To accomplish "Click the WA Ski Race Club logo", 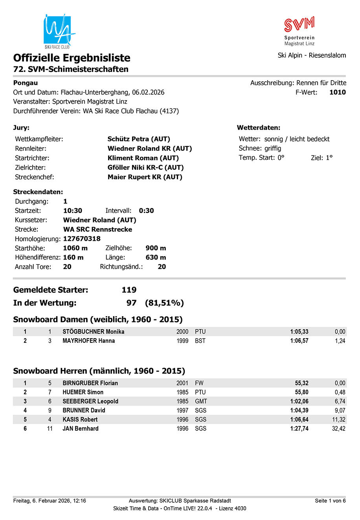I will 58,31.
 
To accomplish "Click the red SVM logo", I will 299,24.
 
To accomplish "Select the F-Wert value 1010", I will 337,92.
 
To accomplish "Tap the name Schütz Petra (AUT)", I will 139,139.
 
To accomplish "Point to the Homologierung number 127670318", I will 82,239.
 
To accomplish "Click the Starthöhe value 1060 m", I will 75,248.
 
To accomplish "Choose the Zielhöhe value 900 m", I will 156,248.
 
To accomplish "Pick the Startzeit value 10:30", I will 73,211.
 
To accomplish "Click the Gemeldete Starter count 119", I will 129,290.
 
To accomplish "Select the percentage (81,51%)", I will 164,303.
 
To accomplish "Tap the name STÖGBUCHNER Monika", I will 94,331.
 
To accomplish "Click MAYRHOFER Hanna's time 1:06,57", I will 299,341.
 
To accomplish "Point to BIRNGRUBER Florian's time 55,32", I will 301,383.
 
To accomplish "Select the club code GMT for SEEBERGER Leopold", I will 201,401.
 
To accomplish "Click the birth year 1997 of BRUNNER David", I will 182,410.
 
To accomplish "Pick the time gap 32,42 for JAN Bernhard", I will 338,428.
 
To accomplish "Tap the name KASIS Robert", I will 80,419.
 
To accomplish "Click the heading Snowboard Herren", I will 99,371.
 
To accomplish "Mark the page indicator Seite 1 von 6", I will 330,501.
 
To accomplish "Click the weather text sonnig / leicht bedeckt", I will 297,139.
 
